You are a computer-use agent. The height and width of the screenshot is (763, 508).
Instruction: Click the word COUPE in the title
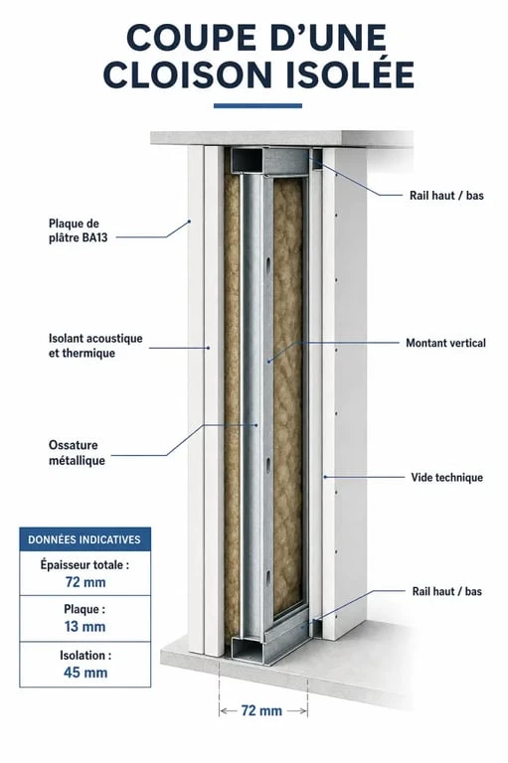click(185, 38)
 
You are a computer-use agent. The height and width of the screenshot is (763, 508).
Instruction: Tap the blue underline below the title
click(257, 105)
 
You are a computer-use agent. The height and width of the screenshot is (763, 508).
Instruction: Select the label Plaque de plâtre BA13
click(78, 230)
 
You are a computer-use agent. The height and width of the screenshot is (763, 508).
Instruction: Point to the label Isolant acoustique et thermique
click(95, 346)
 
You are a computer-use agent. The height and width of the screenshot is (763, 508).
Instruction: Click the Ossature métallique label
click(77, 453)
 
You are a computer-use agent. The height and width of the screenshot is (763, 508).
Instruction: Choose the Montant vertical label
click(445, 343)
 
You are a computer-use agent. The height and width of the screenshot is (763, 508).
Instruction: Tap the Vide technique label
click(446, 477)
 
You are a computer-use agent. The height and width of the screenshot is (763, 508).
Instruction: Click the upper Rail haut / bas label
click(446, 196)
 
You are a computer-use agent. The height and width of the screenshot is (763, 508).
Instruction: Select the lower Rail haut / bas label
click(446, 592)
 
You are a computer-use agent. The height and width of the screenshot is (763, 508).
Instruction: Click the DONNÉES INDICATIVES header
click(85, 539)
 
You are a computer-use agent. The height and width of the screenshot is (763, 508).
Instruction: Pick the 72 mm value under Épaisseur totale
click(85, 582)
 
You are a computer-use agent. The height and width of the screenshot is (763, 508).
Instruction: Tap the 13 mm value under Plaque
click(85, 626)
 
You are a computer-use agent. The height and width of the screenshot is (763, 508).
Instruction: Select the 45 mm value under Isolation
click(85, 673)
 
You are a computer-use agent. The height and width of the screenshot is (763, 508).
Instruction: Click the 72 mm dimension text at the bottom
click(261, 711)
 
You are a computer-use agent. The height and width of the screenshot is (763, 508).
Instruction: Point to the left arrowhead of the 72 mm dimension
click(223, 711)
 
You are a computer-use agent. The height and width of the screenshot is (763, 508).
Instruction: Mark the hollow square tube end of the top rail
click(247, 160)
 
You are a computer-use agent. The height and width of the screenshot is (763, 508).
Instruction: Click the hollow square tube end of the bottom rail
click(247, 649)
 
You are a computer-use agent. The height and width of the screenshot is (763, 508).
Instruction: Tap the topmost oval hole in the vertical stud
click(268, 263)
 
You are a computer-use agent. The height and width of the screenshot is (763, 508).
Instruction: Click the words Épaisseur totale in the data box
click(85, 565)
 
